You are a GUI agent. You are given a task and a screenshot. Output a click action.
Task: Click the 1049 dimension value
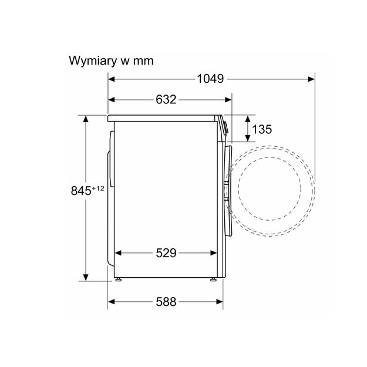(x=210, y=79)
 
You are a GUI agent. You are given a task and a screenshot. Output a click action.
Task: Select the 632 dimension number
(x=166, y=99)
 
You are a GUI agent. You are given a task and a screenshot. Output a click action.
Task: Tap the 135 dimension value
(x=262, y=129)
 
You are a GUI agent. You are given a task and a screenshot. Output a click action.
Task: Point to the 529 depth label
(x=166, y=253)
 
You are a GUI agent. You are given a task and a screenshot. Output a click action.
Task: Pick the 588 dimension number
(x=166, y=302)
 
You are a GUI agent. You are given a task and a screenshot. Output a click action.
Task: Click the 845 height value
(x=81, y=190)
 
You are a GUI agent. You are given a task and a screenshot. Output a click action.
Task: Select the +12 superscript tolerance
(x=98, y=188)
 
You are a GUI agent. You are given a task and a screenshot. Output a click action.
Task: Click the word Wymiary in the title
(x=93, y=61)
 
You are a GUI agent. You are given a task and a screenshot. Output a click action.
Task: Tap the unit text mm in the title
(x=143, y=61)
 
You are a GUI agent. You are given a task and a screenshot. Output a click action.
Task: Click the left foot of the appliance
(x=118, y=280)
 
